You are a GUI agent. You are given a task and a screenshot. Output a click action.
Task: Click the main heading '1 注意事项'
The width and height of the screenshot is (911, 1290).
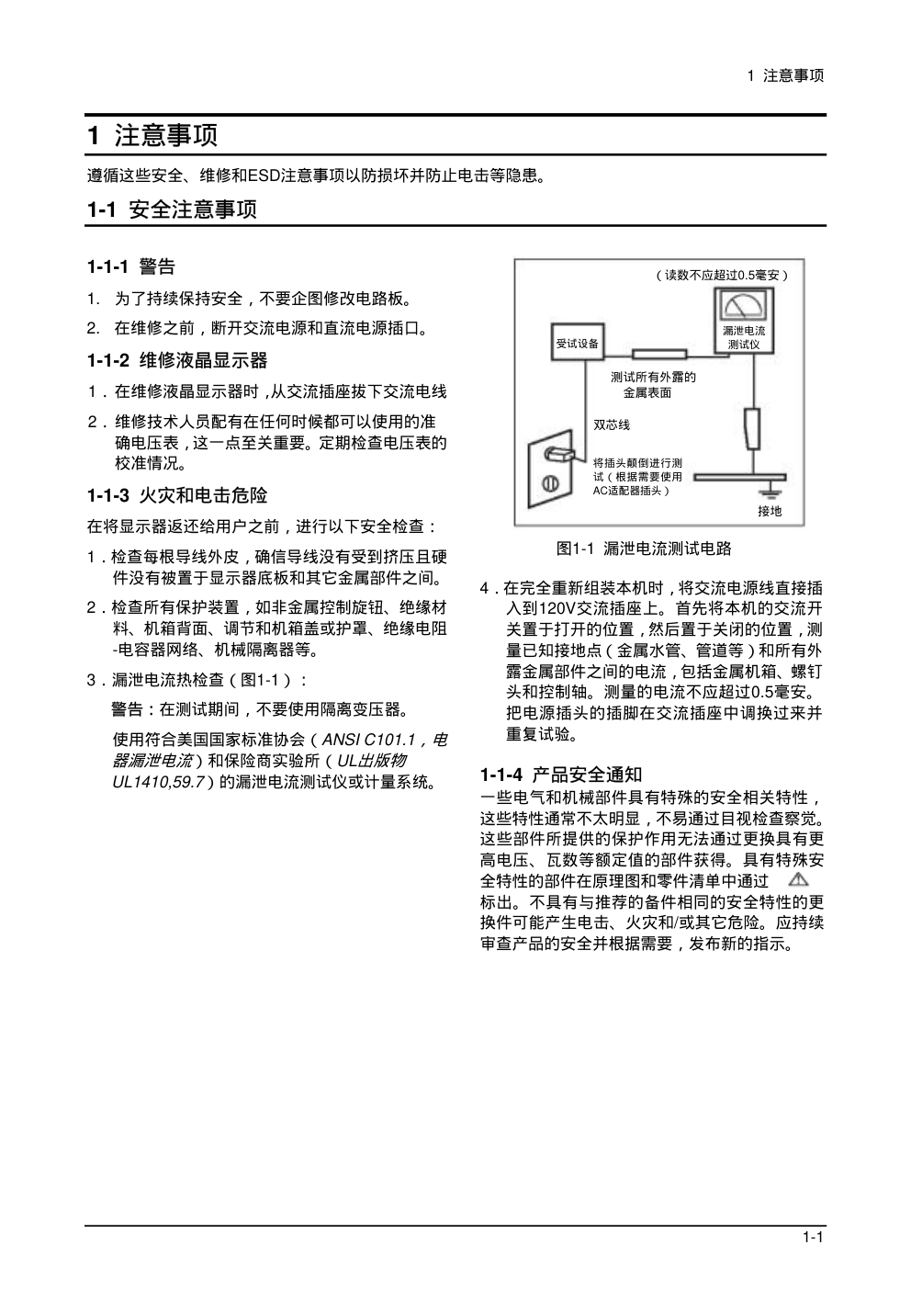click(152, 136)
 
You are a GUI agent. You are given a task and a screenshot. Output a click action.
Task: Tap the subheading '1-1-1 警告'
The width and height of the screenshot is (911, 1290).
click(131, 267)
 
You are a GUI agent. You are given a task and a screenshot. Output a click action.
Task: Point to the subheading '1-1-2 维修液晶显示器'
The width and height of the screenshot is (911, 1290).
click(177, 360)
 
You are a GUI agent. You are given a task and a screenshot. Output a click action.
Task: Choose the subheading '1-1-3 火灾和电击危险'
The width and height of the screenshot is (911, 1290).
click(177, 496)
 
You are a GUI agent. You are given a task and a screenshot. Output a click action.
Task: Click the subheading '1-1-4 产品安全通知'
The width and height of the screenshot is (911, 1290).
click(561, 775)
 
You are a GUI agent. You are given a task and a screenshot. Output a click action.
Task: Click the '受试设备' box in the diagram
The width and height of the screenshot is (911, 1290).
click(577, 344)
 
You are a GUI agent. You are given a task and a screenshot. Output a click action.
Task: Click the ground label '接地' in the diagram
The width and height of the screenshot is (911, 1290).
click(770, 511)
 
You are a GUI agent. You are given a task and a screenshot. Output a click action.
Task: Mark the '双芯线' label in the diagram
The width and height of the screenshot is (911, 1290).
click(612, 425)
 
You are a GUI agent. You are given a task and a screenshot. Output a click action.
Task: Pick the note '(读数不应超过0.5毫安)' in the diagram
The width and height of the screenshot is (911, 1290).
click(723, 275)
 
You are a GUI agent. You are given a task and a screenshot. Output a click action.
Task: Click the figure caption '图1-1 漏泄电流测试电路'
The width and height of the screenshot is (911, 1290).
click(644, 549)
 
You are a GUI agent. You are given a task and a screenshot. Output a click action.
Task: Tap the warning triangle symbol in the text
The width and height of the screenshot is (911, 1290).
click(798, 879)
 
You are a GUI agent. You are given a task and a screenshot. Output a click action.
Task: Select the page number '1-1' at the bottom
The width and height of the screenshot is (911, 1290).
click(812, 1237)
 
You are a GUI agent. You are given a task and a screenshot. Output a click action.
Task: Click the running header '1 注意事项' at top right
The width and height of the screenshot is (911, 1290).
click(786, 75)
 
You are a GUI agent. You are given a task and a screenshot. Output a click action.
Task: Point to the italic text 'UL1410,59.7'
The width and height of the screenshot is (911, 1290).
click(156, 782)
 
